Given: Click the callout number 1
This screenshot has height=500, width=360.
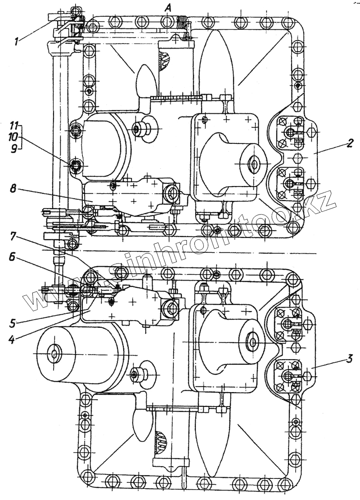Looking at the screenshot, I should [x=16, y=42].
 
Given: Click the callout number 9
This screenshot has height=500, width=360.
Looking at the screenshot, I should [x=14, y=148].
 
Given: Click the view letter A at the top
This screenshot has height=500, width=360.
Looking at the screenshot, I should [x=168, y=7].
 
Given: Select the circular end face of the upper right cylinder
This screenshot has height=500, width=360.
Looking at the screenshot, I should [x=254, y=164].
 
